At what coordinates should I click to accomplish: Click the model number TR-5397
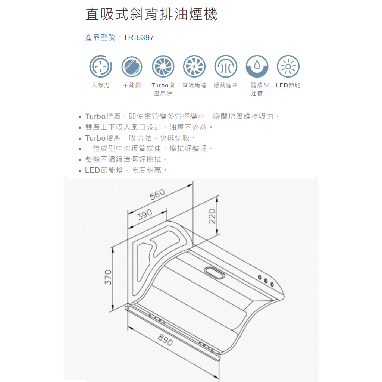click(x=138, y=38)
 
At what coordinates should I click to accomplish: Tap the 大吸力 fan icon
click(x=101, y=66)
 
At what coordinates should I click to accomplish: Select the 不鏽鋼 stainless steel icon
click(x=132, y=66)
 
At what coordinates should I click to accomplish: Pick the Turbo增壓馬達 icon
click(x=163, y=66)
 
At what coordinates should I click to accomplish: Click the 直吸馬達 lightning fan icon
click(x=194, y=66)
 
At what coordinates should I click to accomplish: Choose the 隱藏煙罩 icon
click(x=226, y=66)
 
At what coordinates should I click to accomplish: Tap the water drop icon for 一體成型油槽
click(x=257, y=66)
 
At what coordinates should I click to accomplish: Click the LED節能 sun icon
click(x=288, y=66)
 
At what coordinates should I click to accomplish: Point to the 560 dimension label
click(x=157, y=194)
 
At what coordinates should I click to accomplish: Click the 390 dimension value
click(x=145, y=215)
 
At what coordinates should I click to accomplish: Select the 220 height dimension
click(x=212, y=216)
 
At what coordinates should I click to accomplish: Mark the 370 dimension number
click(x=108, y=277)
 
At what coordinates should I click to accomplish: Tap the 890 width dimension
click(x=165, y=340)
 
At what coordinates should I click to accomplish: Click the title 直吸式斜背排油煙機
click(x=151, y=14)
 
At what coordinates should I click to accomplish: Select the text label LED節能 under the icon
click(x=288, y=85)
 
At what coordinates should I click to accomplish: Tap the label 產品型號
click(x=100, y=38)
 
